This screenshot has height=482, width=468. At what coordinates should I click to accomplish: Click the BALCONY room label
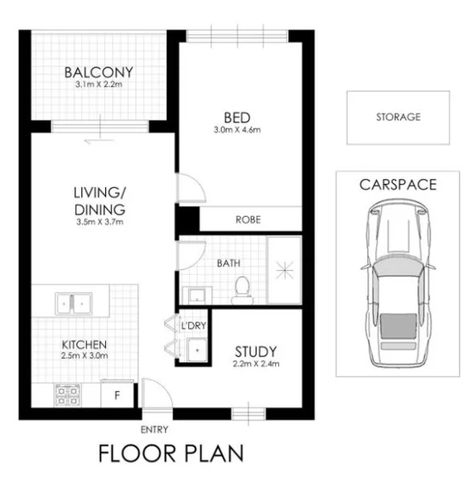click(x=99, y=72)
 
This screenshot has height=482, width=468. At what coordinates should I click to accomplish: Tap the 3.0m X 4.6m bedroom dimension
click(x=237, y=130)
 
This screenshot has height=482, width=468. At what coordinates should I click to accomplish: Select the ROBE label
click(x=248, y=220)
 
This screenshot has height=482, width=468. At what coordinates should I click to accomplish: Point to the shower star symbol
click(x=284, y=270)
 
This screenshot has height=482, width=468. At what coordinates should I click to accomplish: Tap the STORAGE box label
click(x=398, y=118)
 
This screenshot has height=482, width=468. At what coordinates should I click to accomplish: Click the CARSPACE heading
click(x=398, y=185)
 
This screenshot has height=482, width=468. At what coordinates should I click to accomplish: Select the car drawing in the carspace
click(x=398, y=286)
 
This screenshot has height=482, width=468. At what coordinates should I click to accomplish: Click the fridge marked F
click(x=117, y=396)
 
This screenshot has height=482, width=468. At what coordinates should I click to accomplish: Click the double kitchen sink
click(x=75, y=304)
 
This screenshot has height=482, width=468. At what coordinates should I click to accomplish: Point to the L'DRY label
click(x=193, y=325)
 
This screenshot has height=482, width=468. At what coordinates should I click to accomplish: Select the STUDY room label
click(x=254, y=351)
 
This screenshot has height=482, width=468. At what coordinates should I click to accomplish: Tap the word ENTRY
click(x=155, y=428)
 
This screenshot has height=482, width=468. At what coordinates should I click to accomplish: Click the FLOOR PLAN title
click(x=171, y=454)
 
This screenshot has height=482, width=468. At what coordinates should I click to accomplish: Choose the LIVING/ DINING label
click(x=98, y=201)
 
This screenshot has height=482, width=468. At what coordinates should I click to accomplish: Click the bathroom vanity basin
click(x=197, y=294)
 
